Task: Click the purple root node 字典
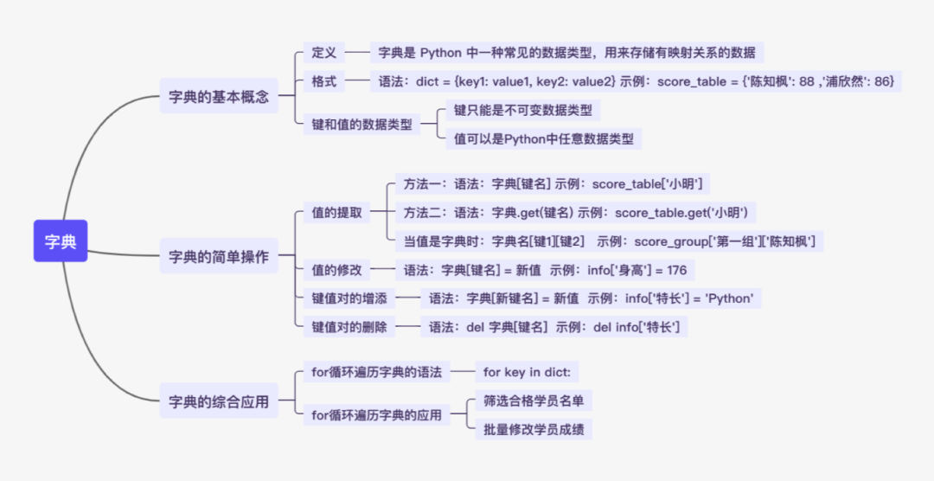click(61, 241)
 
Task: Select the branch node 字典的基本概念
click(219, 97)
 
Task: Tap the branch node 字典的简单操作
click(219, 256)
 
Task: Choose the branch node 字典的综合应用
click(219, 401)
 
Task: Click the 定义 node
click(324, 52)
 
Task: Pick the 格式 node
click(324, 81)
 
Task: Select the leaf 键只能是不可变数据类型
click(522, 110)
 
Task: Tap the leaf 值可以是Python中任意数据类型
click(543, 138)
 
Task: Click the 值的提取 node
click(337, 212)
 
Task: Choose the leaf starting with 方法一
click(553, 183)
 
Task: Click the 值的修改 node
click(337, 270)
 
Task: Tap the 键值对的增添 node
click(349, 298)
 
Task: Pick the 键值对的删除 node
click(349, 327)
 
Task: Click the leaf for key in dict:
click(528, 372)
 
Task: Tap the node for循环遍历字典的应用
click(376, 415)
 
